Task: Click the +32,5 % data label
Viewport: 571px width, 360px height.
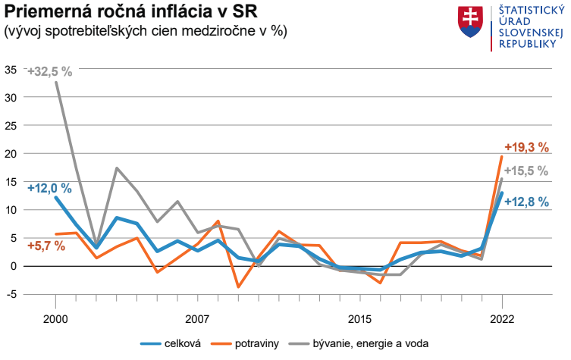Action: click(x=49, y=71)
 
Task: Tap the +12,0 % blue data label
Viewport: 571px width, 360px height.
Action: click(x=49, y=187)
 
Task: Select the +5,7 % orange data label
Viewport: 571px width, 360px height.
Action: click(x=46, y=246)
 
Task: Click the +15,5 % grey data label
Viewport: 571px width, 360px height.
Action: click(x=526, y=171)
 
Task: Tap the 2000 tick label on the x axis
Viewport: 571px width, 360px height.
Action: click(x=56, y=316)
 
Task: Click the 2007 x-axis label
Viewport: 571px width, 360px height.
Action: click(x=197, y=316)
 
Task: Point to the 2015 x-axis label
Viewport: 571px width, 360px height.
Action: click(x=359, y=316)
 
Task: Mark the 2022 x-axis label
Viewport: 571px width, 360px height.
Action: click(x=501, y=316)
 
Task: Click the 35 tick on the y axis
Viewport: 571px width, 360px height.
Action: click(x=11, y=70)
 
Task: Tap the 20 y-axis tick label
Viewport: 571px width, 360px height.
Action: click(x=11, y=154)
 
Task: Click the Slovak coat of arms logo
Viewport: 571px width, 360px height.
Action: click(x=471, y=23)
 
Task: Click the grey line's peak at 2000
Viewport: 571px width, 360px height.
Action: click(x=56, y=82)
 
